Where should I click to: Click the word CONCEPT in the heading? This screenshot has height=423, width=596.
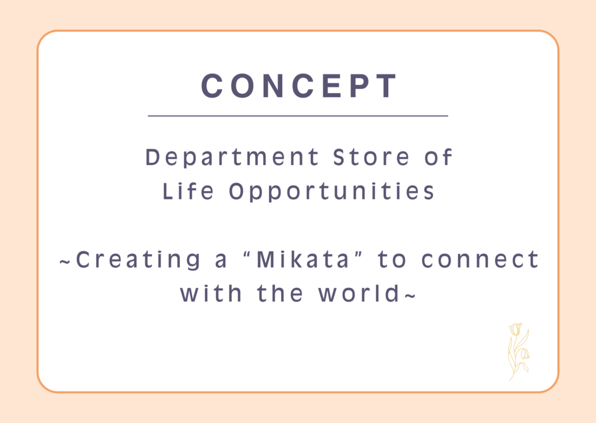[x=299, y=86]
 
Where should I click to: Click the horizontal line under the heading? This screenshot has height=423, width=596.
[x=298, y=115]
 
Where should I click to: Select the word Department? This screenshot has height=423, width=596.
[x=232, y=157]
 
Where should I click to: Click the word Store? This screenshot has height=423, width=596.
[x=371, y=157]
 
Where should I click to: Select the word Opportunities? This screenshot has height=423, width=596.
[x=331, y=192]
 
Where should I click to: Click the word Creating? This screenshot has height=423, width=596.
[x=138, y=260]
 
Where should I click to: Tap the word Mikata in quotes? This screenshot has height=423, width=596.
[x=303, y=259]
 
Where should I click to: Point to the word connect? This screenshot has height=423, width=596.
[x=480, y=260]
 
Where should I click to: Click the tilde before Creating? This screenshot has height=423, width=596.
[x=65, y=262]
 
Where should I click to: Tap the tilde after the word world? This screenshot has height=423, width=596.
[x=410, y=295]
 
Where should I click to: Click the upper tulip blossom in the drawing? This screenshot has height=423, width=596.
[x=515, y=329]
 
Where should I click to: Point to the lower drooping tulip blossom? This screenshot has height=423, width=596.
[x=524, y=354]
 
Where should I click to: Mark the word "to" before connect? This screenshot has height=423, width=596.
[x=392, y=260]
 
